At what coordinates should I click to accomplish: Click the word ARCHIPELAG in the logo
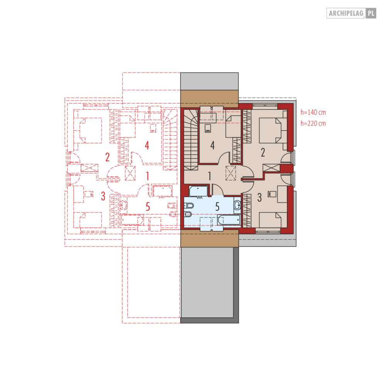click(x=346, y=13)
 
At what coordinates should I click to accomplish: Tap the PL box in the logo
click(x=371, y=13)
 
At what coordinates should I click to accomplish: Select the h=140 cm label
click(x=313, y=112)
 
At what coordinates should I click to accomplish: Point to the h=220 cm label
click(x=313, y=123)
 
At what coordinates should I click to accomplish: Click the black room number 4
click(x=213, y=145)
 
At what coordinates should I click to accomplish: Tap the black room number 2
click(x=263, y=152)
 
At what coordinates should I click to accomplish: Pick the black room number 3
click(x=259, y=198)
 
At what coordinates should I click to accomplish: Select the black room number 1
click(x=210, y=176)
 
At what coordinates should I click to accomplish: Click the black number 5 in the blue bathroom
click(x=217, y=207)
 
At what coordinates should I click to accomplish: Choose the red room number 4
click(x=147, y=145)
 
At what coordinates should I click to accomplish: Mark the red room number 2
click(x=107, y=157)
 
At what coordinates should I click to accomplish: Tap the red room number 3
click(x=103, y=196)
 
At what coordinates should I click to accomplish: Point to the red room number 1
click(x=147, y=176)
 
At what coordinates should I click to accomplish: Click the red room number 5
click(x=147, y=207)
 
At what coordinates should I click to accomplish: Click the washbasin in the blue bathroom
click(x=237, y=205)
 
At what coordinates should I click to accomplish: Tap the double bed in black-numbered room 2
click(x=273, y=130)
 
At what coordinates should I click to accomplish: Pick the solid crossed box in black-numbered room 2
click(x=271, y=168)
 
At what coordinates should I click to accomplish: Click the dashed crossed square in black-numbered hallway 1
click(x=230, y=173)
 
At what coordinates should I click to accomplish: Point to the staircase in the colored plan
click(x=191, y=140)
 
